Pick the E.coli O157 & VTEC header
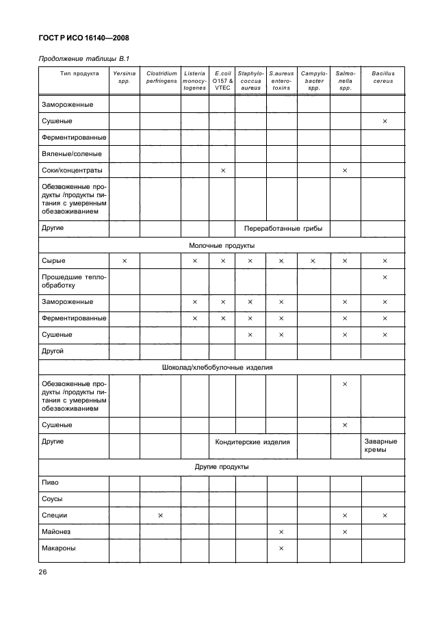click(x=223, y=80)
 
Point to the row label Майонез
click(x=56, y=531)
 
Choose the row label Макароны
click(x=58, y=548)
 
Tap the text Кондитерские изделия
click(x=253, y=442)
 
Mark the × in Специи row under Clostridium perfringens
click(x=161, y=515)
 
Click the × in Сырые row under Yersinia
click(x=125, y=261)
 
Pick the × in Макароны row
click(x=281, y=548)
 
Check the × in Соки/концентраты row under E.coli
click(x=223, y=170)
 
